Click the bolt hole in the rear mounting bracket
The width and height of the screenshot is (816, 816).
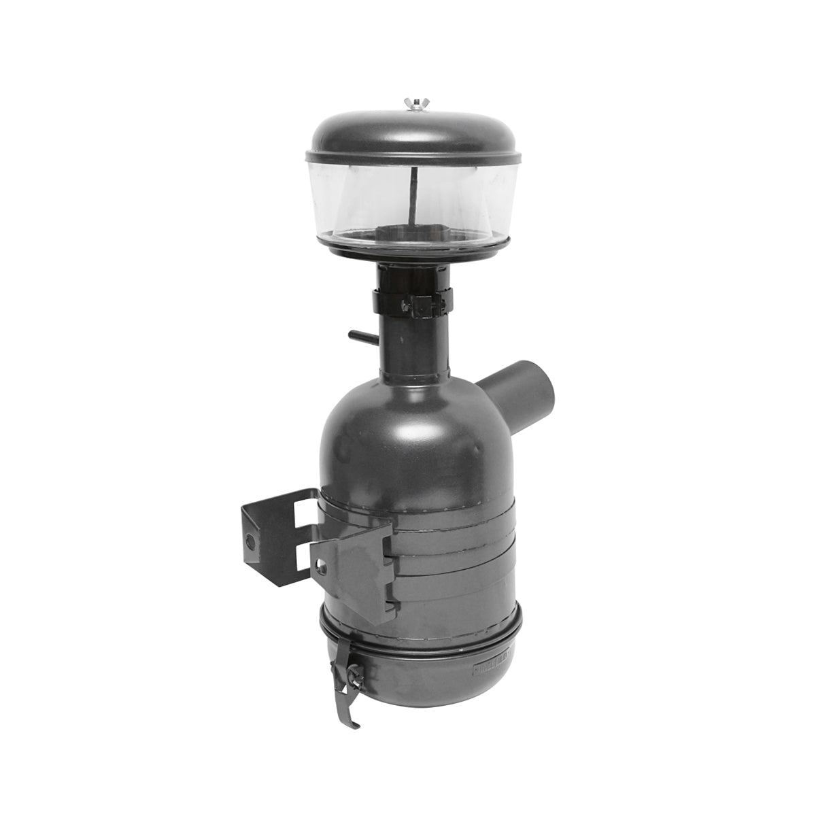coord(252,541)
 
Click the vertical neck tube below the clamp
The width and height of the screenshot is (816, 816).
coord(415,347)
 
